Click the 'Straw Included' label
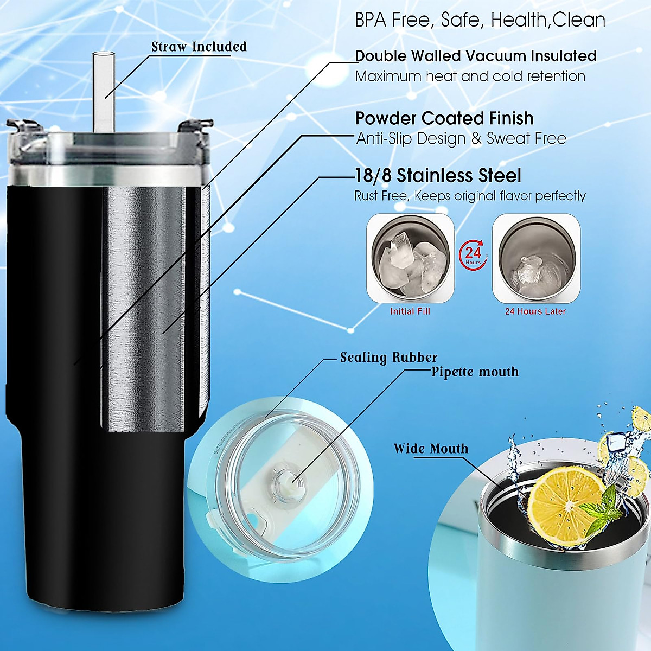pos(199,47)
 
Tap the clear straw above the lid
pos(101,90)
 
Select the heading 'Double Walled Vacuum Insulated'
pos(475,56)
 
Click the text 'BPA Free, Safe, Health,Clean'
pos(480,21)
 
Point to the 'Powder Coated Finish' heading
pos(444,118)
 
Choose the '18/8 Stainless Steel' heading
pos(438,176)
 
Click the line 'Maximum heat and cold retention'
pos(470,76)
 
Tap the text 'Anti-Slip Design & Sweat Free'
pos(461,139)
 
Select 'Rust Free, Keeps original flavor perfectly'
pos(470,196)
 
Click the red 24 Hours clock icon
pos(473,254)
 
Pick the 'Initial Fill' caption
pos(410,311)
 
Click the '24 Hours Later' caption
pos(535,311)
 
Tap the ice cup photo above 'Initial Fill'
pos(410,258)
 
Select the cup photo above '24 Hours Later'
pos(536,258)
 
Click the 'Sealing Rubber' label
pos(388,358)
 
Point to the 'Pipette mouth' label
pos(475,372)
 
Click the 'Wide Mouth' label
pos(431,449)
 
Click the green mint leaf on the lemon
pos(602,507)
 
